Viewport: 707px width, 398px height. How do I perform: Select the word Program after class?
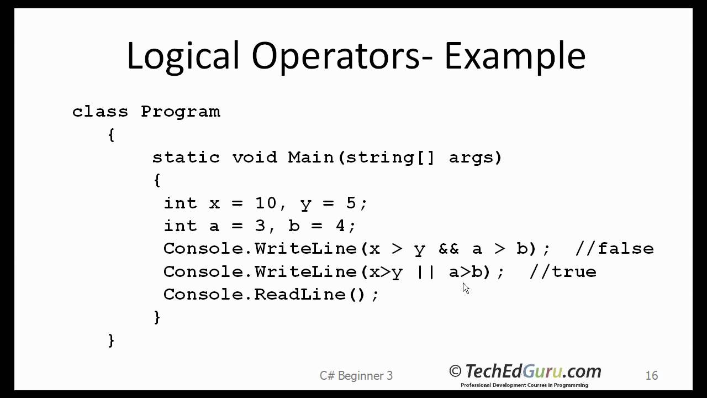(180, 112)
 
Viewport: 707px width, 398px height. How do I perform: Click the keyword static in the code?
(186, 158)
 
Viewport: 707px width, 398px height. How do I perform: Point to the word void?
(254, 158)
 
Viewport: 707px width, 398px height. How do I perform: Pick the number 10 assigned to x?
(266, 203)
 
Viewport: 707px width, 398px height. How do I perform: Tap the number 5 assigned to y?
(351, 203)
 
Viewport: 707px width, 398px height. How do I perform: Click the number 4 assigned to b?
(340, 226)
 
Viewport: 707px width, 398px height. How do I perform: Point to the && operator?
(449, 249)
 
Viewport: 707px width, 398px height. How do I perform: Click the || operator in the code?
(426, 272)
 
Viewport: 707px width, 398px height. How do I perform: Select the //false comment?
(614, 249)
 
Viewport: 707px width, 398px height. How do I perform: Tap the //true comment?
(563, 272)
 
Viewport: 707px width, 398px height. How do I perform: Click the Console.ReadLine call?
(271, 295)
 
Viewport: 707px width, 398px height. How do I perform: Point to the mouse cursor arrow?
(466, 288)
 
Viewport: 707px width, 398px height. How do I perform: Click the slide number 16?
(651, 376)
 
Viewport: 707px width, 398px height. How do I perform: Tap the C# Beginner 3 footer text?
(356, 376)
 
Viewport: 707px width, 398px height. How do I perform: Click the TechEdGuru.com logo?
(532, 371)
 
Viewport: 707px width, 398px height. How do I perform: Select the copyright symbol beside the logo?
(455, 371)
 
